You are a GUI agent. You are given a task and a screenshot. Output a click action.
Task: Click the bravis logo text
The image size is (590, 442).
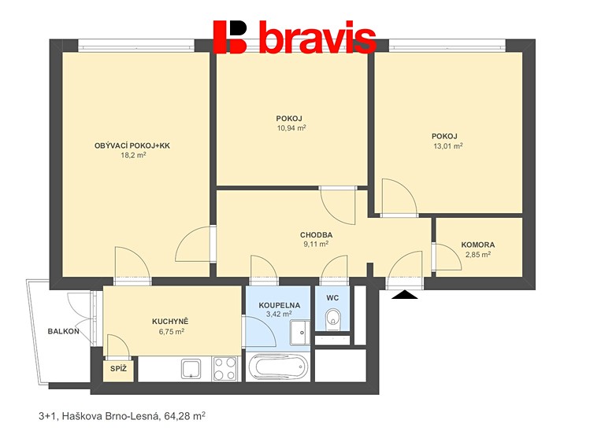point(317,37)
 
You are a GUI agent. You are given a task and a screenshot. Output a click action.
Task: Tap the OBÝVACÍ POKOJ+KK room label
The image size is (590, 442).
point(132,145)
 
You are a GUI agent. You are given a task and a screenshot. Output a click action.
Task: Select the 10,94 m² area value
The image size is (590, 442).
point(291,128)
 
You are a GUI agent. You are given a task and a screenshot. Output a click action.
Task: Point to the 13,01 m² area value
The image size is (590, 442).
point(447,145)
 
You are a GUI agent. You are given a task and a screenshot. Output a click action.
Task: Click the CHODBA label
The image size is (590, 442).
point(316,235)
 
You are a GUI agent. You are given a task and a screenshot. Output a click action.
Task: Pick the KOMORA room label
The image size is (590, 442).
point(478,245)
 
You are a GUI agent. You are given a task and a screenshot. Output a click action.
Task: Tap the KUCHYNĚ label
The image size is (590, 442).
point(170,322)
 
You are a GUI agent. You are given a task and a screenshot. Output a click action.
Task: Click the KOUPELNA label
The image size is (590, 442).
point(279,305)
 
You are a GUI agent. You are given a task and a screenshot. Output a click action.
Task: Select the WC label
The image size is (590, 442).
point(332,298)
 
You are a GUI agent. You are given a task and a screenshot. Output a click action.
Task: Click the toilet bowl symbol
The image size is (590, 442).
point(332,319)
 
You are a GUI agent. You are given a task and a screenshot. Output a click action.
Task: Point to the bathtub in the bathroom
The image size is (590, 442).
point(278,367)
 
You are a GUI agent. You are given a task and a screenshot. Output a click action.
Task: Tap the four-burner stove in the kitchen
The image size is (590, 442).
point(225,368)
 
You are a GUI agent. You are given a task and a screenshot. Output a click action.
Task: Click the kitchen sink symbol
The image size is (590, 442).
point(191,368)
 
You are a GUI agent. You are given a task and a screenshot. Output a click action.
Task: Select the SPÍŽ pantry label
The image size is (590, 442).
point(118,369)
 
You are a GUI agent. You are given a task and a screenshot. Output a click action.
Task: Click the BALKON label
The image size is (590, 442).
point(64,331)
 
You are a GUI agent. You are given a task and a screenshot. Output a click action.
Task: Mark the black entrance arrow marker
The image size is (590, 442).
point(405,294)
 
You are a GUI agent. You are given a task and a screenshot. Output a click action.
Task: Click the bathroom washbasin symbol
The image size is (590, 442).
point(300,333)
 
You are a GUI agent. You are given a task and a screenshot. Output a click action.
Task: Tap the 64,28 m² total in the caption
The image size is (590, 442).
point(185,416)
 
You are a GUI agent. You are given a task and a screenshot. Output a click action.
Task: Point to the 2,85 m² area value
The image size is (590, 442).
point(478,254)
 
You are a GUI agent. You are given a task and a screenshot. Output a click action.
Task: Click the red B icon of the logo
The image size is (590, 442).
point(230,37)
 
